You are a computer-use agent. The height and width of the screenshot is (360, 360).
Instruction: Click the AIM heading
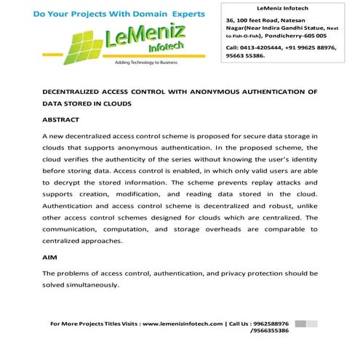(50, 257)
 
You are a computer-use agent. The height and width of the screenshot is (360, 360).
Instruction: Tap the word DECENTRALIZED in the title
(76, 92)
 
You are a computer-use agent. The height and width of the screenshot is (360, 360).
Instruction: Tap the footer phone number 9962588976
(268, 323)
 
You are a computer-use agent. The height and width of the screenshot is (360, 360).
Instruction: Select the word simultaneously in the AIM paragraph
(96, 284)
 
